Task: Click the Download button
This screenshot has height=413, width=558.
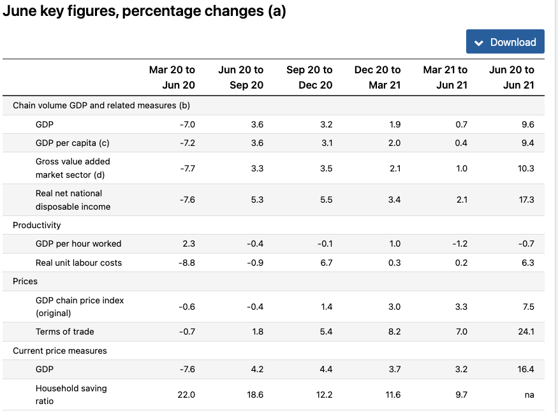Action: [505, 42]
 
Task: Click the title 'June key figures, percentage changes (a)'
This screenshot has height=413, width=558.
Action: [144, 11]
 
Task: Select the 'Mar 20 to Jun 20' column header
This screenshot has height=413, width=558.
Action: [172, 77]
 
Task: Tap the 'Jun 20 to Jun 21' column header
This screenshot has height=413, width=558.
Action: [511, 77]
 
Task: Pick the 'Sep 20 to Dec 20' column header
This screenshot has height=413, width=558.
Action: [309, 77]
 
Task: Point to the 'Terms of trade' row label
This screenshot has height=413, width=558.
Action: [64, 331]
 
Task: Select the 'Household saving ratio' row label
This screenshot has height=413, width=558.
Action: [71, 395]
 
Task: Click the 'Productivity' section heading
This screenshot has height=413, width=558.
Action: [37, 225]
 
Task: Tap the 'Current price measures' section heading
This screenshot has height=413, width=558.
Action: [60, 351]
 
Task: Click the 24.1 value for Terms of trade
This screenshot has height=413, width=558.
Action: [527, 331]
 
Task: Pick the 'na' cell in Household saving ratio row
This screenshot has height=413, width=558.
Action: [529, 395]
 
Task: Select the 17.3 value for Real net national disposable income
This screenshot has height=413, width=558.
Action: [527, 199]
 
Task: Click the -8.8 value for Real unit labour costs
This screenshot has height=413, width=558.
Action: [187, 263]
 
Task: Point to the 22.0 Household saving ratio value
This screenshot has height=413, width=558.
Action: [186, 395]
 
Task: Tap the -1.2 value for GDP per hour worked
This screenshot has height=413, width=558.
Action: [460, 243]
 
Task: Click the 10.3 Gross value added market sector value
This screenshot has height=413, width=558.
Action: [527, 168]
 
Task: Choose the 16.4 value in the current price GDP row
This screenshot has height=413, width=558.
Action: [527, 369]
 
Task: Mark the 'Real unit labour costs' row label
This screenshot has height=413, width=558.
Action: [78, 263]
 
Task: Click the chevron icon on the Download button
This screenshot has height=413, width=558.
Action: [480, 43]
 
